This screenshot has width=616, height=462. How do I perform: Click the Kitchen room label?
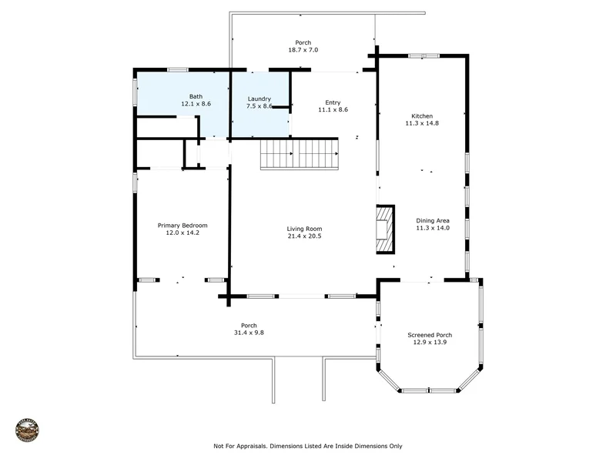422,116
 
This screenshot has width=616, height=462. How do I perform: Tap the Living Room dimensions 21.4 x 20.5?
304,236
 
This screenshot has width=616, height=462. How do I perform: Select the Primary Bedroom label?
182,226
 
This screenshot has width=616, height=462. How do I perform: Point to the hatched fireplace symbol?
386,229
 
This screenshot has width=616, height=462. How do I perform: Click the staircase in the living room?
300,155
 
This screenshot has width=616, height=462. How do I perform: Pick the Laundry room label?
259,99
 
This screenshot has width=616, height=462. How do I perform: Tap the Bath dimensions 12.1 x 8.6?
196,104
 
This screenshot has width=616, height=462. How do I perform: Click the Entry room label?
333,102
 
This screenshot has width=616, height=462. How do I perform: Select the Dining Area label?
433,221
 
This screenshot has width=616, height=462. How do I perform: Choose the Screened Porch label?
430,335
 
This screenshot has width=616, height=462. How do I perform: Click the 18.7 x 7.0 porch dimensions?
303,50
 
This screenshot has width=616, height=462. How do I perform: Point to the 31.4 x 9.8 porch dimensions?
249,333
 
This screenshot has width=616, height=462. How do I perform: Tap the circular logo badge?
27,430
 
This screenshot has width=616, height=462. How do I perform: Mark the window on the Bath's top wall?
178,70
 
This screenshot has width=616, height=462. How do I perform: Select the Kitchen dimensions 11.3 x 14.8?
422,123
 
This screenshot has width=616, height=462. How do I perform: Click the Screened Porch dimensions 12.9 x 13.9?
430,342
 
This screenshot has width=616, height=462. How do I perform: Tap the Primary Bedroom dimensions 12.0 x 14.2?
182,233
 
